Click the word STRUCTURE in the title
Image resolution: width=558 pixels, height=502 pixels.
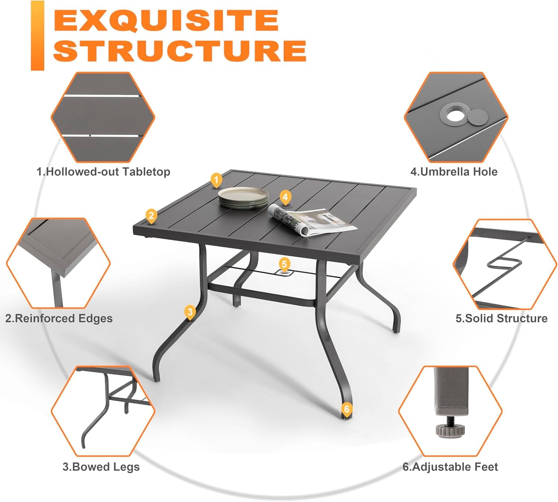coord(180,50)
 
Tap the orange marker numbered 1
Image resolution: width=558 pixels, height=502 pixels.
coord(216,180)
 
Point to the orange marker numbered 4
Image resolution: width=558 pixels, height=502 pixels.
coord(285,197)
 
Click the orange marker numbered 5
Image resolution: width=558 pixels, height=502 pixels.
coord(284,264)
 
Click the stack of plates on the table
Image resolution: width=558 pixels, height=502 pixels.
coord(243,198)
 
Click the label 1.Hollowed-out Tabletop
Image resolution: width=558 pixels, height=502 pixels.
coord(103,172)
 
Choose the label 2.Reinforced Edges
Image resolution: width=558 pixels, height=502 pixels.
coord(59,318)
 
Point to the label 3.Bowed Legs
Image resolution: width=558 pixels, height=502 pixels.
coord(101,467)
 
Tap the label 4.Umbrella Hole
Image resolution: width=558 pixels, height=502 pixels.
coord(454,172)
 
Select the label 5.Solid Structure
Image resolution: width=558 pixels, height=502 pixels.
coord(501,318)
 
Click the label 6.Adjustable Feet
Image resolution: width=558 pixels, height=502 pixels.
coord(450,467)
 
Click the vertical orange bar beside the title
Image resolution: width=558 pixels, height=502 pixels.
coord(37,35)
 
